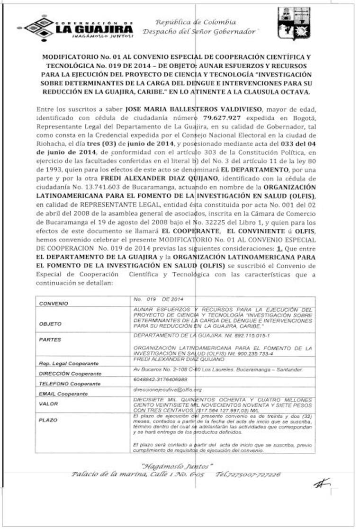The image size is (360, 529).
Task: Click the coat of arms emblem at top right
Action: pos(294,24)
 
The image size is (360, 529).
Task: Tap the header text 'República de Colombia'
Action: pos(196,22)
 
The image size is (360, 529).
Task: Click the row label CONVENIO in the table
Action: pos(54,303)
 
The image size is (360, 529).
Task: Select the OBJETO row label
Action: pos(50,324)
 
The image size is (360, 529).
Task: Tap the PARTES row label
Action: pos(50,340)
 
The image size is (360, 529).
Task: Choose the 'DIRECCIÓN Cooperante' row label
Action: pos(70,374)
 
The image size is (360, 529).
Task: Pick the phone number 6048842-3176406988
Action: pos(161,379)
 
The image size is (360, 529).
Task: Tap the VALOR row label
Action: pos(48,404)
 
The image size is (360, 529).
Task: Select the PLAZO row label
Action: pos(48,420)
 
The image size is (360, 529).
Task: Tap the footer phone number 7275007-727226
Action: pos(248,474)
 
